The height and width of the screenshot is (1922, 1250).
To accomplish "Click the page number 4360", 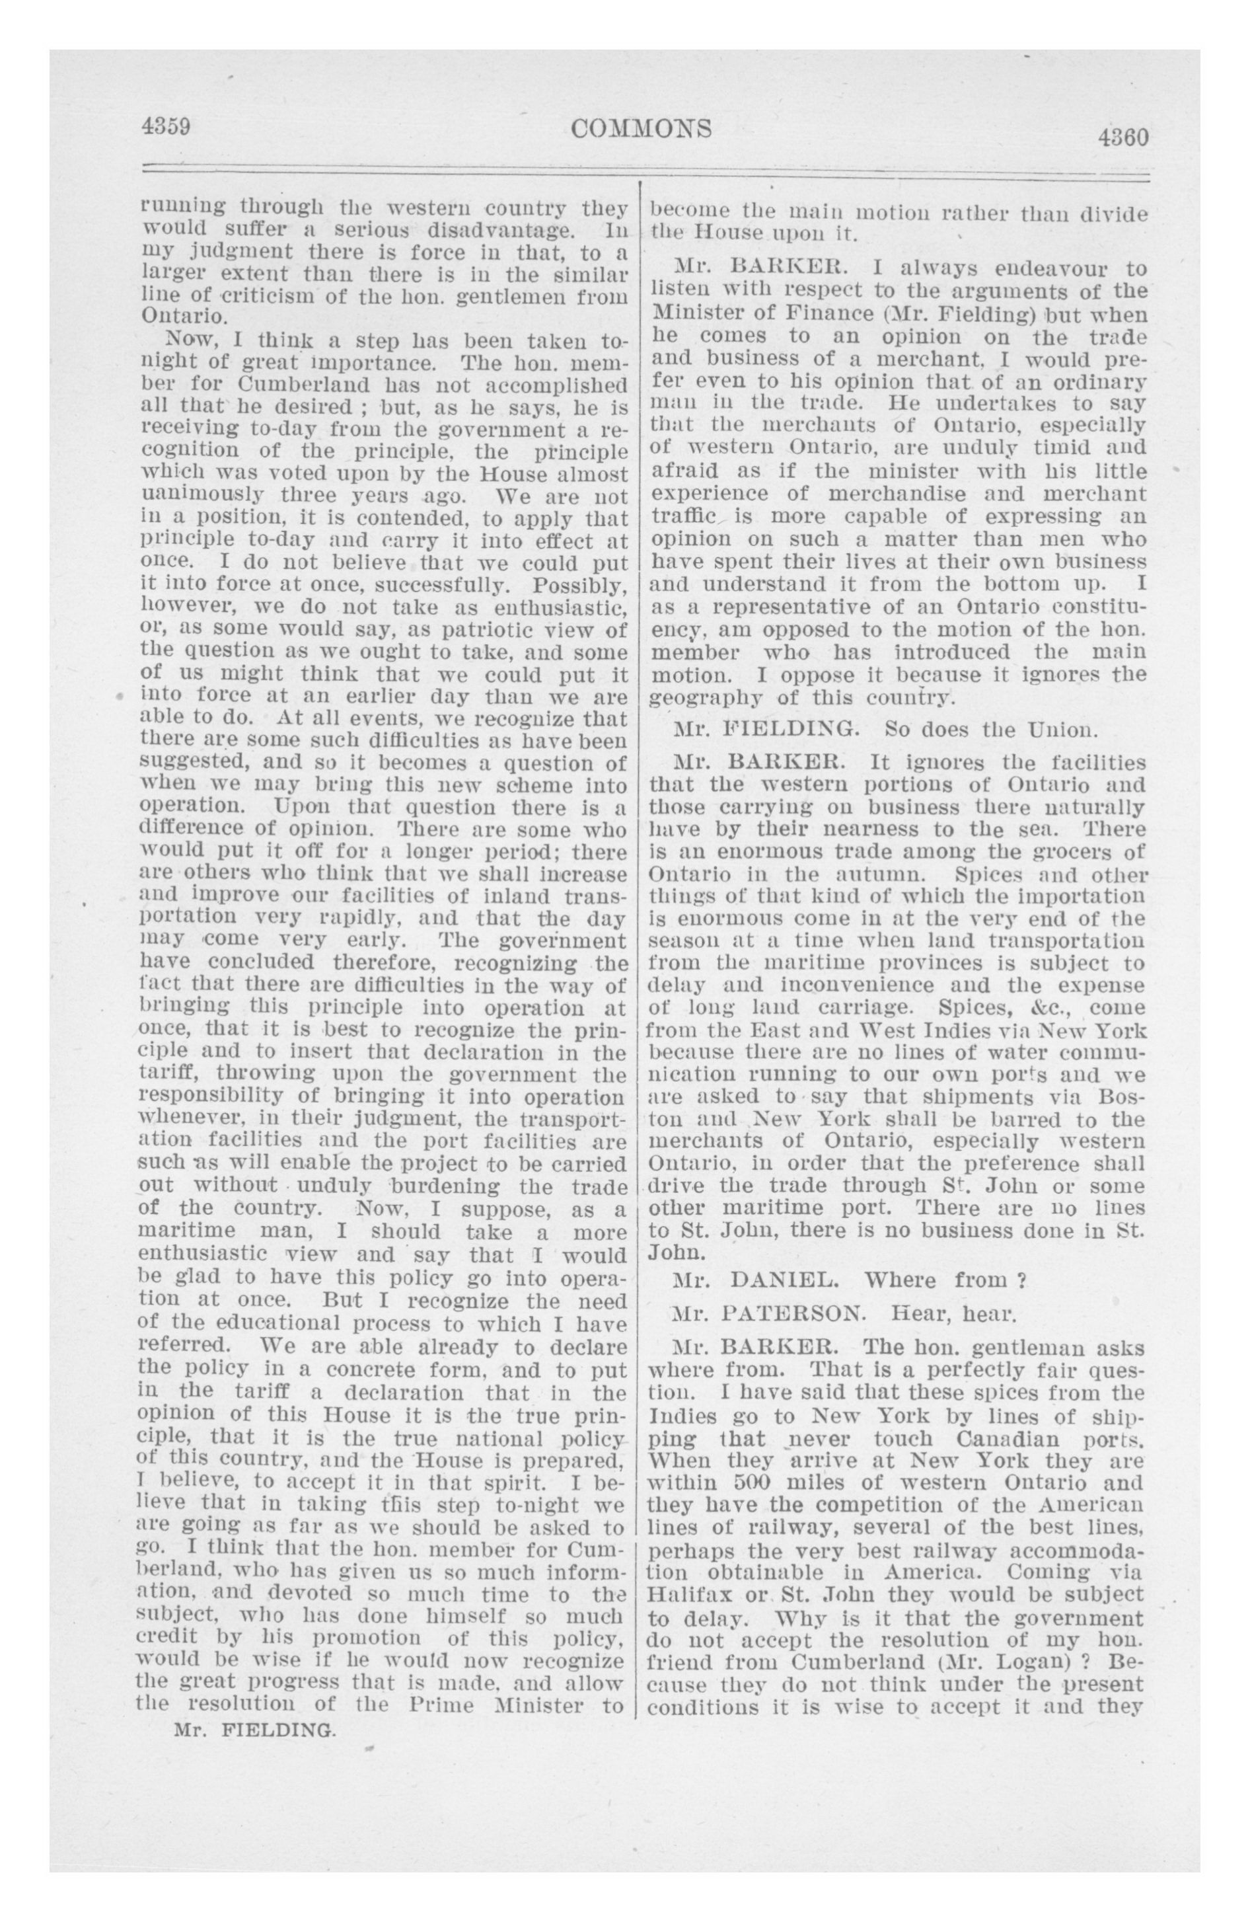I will click(x=1122, y=137).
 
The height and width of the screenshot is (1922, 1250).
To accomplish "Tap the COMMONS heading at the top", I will click(x=641, y=128).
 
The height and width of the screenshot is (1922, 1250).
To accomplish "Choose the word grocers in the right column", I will click(x=1064, y=851).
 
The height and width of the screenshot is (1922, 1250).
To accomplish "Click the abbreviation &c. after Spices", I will click(x=1046, y=1009).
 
